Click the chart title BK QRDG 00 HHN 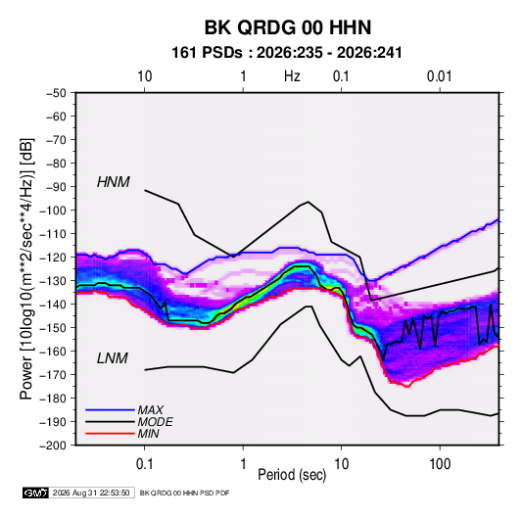tap(288, 27)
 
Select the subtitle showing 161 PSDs tap(287, 53)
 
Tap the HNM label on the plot tap(114, 182)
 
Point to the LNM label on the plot tap(113, 358)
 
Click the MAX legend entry tap(151, 409)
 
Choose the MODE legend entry tap(156, 422)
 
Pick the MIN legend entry tap(148, 434)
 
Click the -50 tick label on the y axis tap(57, 93)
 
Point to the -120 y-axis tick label tap(53, 258)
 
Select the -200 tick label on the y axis tap(53, 446)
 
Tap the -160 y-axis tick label tap(53, 352)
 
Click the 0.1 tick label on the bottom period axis tap(144, 464)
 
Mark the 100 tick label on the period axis tap(440, 464)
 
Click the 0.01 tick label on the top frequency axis tap(440, 76)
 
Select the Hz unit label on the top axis tap(292, 76)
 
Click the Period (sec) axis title tap(292, 475)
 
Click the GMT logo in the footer tap(35, 493)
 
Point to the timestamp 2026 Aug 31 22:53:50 tap(91, 493)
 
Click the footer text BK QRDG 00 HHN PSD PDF tap(184, 493)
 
